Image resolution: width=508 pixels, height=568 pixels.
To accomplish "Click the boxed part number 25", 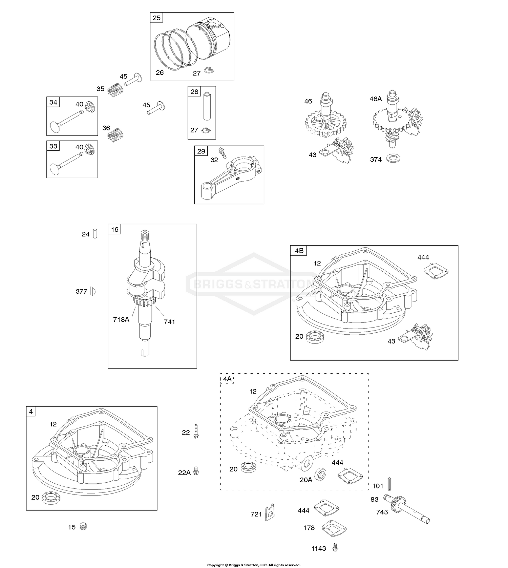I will (x=156, y=18).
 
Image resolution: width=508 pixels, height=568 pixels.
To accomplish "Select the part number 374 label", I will (x=376, y=160).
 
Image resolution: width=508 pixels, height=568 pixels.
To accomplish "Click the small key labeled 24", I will (x=95, y=234).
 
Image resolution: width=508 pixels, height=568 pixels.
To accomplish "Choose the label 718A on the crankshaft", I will (x=121, y=319).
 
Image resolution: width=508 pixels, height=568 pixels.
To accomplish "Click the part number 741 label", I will (x=169, y=322).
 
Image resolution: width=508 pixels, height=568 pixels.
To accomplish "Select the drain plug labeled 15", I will (x=83, y=526).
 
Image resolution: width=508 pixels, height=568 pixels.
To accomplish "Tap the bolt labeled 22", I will (x=196, y=432).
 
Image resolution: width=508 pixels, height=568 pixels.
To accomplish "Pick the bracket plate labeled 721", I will (x=270, y=512).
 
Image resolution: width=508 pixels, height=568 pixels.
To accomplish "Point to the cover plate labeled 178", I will (x=333, y=528).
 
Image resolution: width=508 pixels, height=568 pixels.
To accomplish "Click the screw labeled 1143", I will (x=335, y=547).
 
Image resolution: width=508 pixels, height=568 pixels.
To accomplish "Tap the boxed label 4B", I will (x=299, y=251).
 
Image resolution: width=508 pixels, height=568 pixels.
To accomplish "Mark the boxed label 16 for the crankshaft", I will (x=115, y=229).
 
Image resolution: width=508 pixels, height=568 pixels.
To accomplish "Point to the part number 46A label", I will (x=376, y=99).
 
